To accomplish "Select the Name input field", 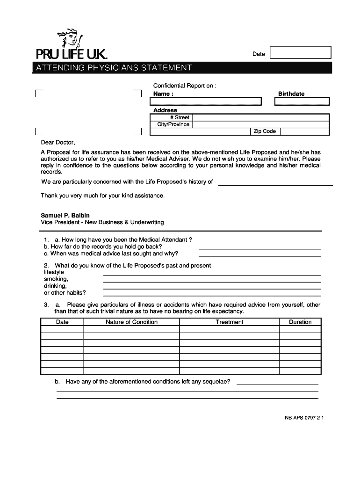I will [206, 102].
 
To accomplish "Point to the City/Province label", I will [173, 124].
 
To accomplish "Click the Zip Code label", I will [265, 131].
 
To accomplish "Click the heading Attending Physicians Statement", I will [111, 68].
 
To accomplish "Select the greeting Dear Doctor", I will [58, 142].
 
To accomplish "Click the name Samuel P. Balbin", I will [65, 215].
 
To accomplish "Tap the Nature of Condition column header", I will [131, 322].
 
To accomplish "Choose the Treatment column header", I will [229, 322].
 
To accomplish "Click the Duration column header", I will [300, 322].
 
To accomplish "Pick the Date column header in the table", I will [62, 322].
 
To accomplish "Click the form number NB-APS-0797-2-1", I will [304, 419].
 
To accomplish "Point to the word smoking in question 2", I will [56, 279].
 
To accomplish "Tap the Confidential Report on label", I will [185, 86].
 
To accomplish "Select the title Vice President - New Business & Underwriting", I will [102, 222].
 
